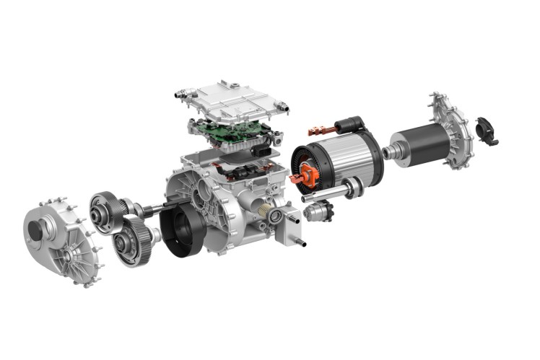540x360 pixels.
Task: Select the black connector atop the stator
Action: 360,126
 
